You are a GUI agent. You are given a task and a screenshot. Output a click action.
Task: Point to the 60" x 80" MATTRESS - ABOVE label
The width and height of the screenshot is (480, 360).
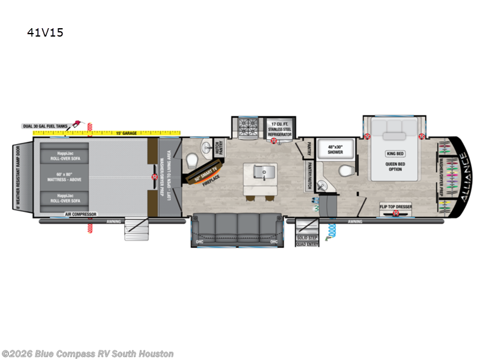pos(64,177)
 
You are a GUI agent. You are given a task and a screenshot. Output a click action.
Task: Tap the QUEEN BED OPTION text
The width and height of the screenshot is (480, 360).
pos(394,166)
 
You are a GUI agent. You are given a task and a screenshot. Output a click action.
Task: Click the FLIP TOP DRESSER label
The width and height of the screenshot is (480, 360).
pos(395,206)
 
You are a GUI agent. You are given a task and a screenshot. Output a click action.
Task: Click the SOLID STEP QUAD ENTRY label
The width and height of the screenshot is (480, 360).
pos(306,241)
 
